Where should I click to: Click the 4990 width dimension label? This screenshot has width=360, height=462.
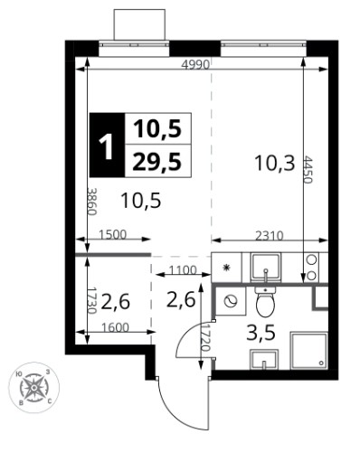[x=196, y=64]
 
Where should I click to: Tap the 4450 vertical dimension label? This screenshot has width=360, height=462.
[x=308, y=169]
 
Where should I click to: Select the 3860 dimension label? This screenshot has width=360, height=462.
[x=91, y=202]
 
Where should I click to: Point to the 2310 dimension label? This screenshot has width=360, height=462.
[x=270, y=236]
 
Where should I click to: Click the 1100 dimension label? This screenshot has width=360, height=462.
[x=183, y=270]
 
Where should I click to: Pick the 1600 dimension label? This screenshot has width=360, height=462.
[x=115, y=327]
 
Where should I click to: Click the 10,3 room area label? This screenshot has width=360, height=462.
[x=274, y=163]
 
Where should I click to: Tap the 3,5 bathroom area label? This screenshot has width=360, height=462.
[x=261, y=334]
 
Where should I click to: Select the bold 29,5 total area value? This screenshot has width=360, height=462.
[x=157, y=161]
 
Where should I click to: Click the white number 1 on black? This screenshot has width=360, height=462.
[x=108, y=145]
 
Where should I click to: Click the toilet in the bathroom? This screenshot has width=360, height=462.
[x=265, y=301]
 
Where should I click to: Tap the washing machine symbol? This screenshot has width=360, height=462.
[x=231, y=301]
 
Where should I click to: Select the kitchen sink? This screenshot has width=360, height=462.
[x=266, y=267]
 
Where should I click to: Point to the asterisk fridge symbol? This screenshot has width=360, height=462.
[x=226, y=267]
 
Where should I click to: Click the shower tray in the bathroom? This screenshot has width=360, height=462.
[x=308, y=351]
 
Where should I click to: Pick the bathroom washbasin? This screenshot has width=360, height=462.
[x=264, y=360]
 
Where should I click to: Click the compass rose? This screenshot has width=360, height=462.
[x=33, y=387]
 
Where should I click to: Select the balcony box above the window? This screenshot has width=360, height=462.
[x=139, y=24]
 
